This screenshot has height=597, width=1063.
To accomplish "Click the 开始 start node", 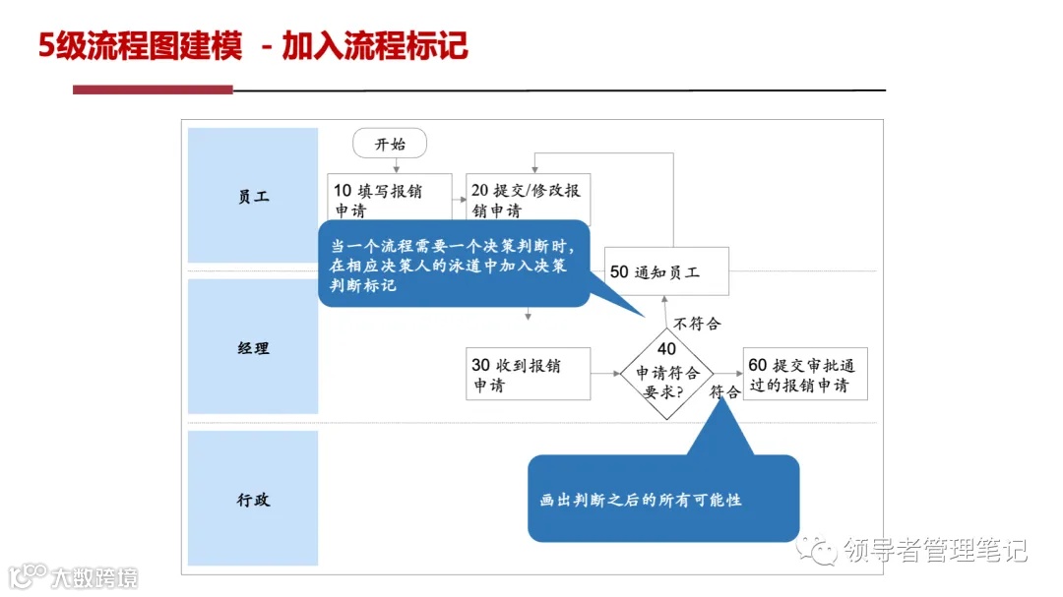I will [x=390, y=144].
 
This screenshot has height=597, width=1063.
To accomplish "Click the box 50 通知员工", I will [x=666, y=271].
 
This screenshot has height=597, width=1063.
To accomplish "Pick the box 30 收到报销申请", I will [x=528, y=374].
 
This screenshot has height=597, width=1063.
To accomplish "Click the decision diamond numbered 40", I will [x=666, y=374].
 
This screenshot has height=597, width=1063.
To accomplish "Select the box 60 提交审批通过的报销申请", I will [x=805, y=374].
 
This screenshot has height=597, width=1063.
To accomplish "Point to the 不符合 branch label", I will [x=698, y=324].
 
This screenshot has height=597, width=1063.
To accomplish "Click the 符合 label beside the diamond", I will [x=724, y=391].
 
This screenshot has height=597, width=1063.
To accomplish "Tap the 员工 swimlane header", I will [x=253, y=196].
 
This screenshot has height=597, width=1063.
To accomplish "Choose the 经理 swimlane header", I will [x=253, y=347].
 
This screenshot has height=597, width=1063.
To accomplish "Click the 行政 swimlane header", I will [x=253, y=499].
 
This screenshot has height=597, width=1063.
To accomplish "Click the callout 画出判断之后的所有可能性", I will [x=662, y=499].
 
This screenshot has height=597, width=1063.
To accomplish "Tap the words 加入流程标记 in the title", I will [x=374, y=46].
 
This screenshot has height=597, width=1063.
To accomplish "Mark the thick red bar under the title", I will [x=153, y=90].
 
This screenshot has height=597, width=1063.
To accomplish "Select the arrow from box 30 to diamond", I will [x=604, y=374].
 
